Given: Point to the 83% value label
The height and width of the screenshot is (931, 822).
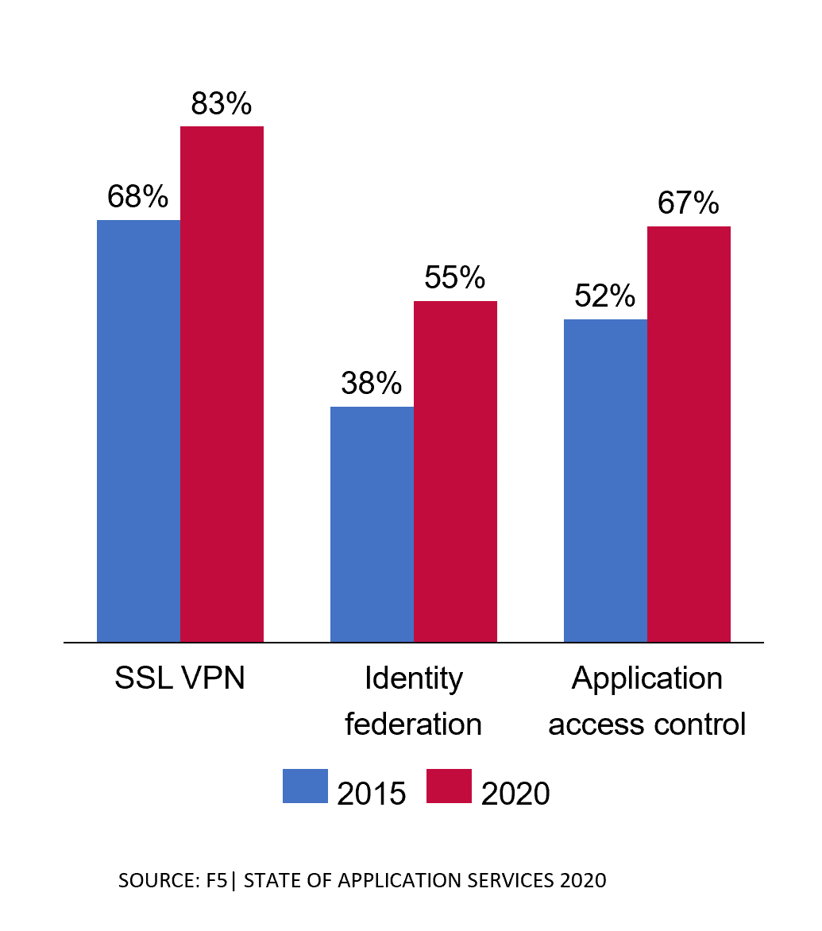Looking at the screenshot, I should [222, 104].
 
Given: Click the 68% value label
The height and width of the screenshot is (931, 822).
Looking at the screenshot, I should [138, 197].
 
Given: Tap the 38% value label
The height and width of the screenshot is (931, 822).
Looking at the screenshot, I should [372, 384].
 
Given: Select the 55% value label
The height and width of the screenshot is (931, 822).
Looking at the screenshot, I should [454, 278].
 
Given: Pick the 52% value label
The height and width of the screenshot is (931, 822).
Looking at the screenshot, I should [605, 296].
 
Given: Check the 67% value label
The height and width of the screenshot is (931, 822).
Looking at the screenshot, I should [688, 204].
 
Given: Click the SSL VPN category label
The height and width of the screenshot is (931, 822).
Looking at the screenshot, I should [179, 678].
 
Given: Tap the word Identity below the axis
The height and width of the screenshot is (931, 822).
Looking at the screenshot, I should [413, 678].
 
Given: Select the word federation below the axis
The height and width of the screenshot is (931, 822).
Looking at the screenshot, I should [413, 724].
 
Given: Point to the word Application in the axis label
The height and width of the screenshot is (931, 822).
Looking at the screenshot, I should [646, 678].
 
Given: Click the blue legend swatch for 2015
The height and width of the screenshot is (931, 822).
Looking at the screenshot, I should [305, 786].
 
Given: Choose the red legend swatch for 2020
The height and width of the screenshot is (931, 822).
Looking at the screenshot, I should [449, 786].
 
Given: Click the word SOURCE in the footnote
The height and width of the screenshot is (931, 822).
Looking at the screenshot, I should [153, 881].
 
